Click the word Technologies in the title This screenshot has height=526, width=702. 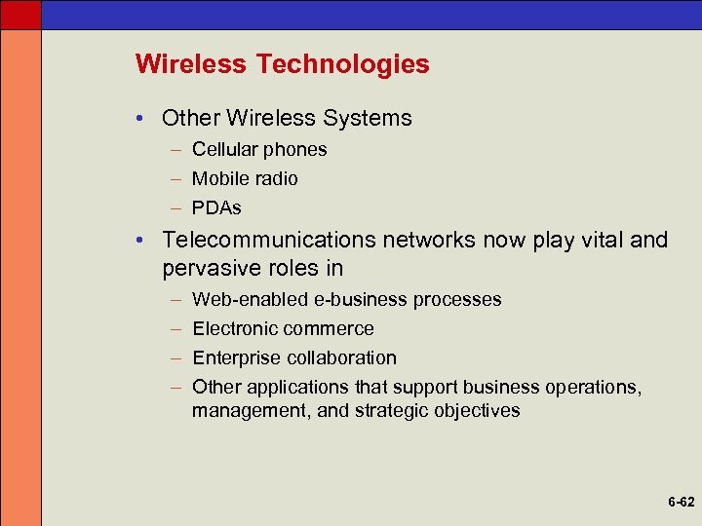pyautogui.click(x=342, y=64)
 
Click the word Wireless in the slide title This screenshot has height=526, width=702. pyautogui.click(x=192, y=64)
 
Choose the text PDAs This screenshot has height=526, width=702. pyautogui.click(x=216, y=207)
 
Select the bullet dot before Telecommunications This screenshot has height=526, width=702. pyautogui.click(x=143, y=241)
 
